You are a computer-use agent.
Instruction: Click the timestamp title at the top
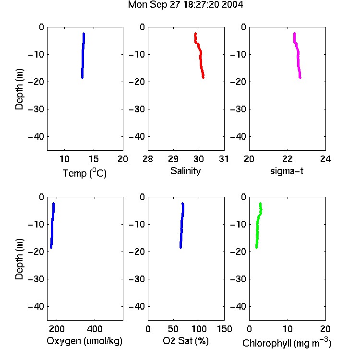pyautogui.click(x=185, y=5)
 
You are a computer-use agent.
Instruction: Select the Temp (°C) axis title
pyautogui.click(x=84, y=173)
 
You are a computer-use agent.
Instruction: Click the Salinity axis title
pyautogui.click(x=185, y=171)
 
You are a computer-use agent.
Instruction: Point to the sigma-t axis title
pyautogui.click(x=287, y=171)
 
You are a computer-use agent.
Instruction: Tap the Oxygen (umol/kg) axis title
pyautogui.click(x=84, y=341)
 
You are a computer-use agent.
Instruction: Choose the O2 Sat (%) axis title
pyautogui.click(x=186, y=341)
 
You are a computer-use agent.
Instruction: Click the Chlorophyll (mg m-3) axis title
pyautogui.click(x=287, y=343)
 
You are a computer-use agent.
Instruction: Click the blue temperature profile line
pyautogui.click(x=83, y=56)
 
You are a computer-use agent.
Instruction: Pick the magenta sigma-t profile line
pyautogui.click(x=298, y=56)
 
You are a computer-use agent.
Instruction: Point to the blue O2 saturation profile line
pyautogui.click(x=181, y=226)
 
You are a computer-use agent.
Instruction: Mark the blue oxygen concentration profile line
pyautogui.click(x=52, y=226)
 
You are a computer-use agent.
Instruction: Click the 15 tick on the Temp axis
pyautogui.click(x=94, y=159)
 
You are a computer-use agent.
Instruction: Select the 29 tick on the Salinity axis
pyautogui.click(x=173, y=159)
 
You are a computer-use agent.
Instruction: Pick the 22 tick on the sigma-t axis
pyautogui.click(x=288, y=159)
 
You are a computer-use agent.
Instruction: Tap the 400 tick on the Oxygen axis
pyautogui.click(x=95, y=329)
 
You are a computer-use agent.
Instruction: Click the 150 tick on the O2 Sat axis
pyautogui.click(x=224, y=329)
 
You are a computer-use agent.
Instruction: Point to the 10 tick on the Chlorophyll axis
pyautogui.click(x=288, y=329)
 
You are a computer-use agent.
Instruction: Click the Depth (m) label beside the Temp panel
pyautogui.click(x=19, y=89)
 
